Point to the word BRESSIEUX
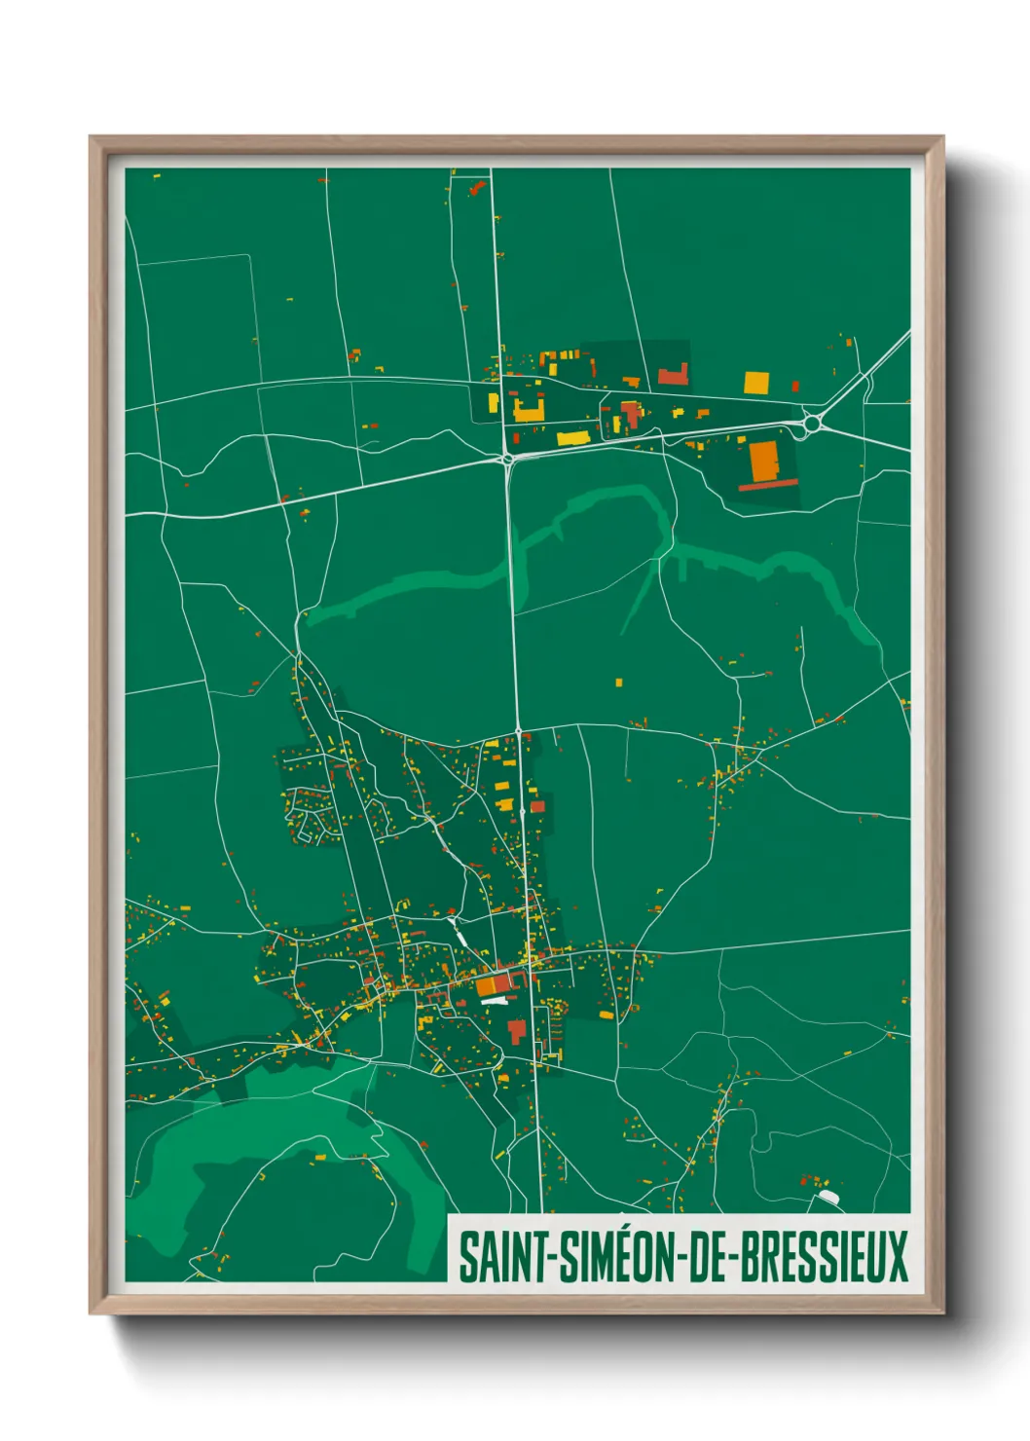click(825, 1257)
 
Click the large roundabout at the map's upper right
click(814, 424)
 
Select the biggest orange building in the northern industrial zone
click(764, 461)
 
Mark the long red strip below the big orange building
click(768, 484)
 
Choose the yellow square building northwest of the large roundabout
click(755, 382)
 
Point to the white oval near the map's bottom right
click(828, 1195)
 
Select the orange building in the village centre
click(486, 985)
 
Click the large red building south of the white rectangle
click(516, 1029)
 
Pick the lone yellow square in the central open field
click(618, 683)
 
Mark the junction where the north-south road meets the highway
click(507, 459)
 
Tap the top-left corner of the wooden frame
click(92, 139)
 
